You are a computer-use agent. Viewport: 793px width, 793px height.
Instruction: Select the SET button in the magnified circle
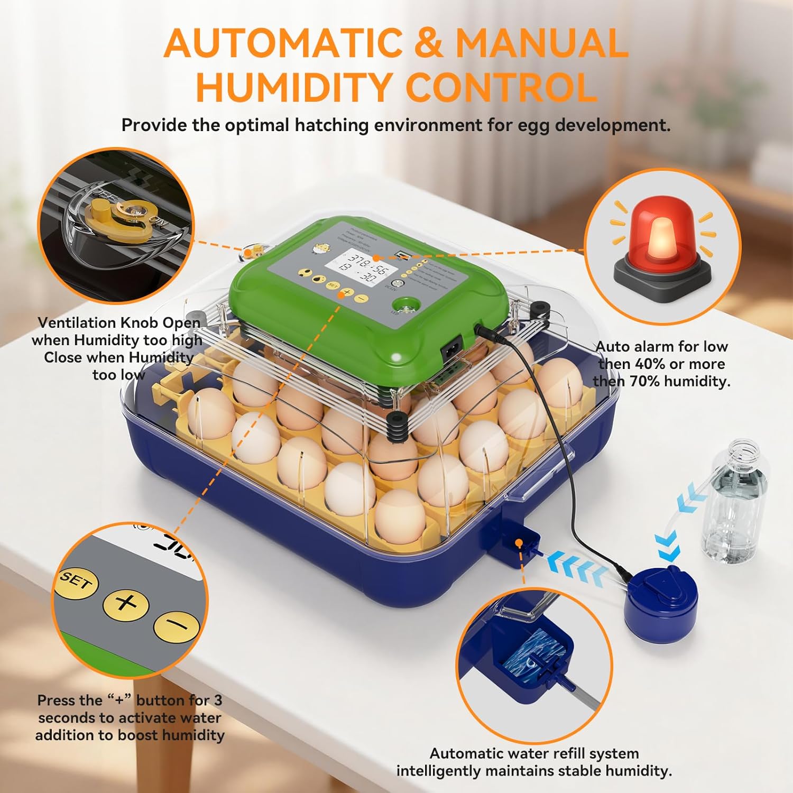(76, 583)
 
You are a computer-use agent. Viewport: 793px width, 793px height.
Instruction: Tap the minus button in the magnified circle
(177, 626)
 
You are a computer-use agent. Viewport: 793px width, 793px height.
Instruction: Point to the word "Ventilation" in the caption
(77, 323)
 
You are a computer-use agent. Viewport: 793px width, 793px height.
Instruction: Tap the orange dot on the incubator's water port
(519, 543)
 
